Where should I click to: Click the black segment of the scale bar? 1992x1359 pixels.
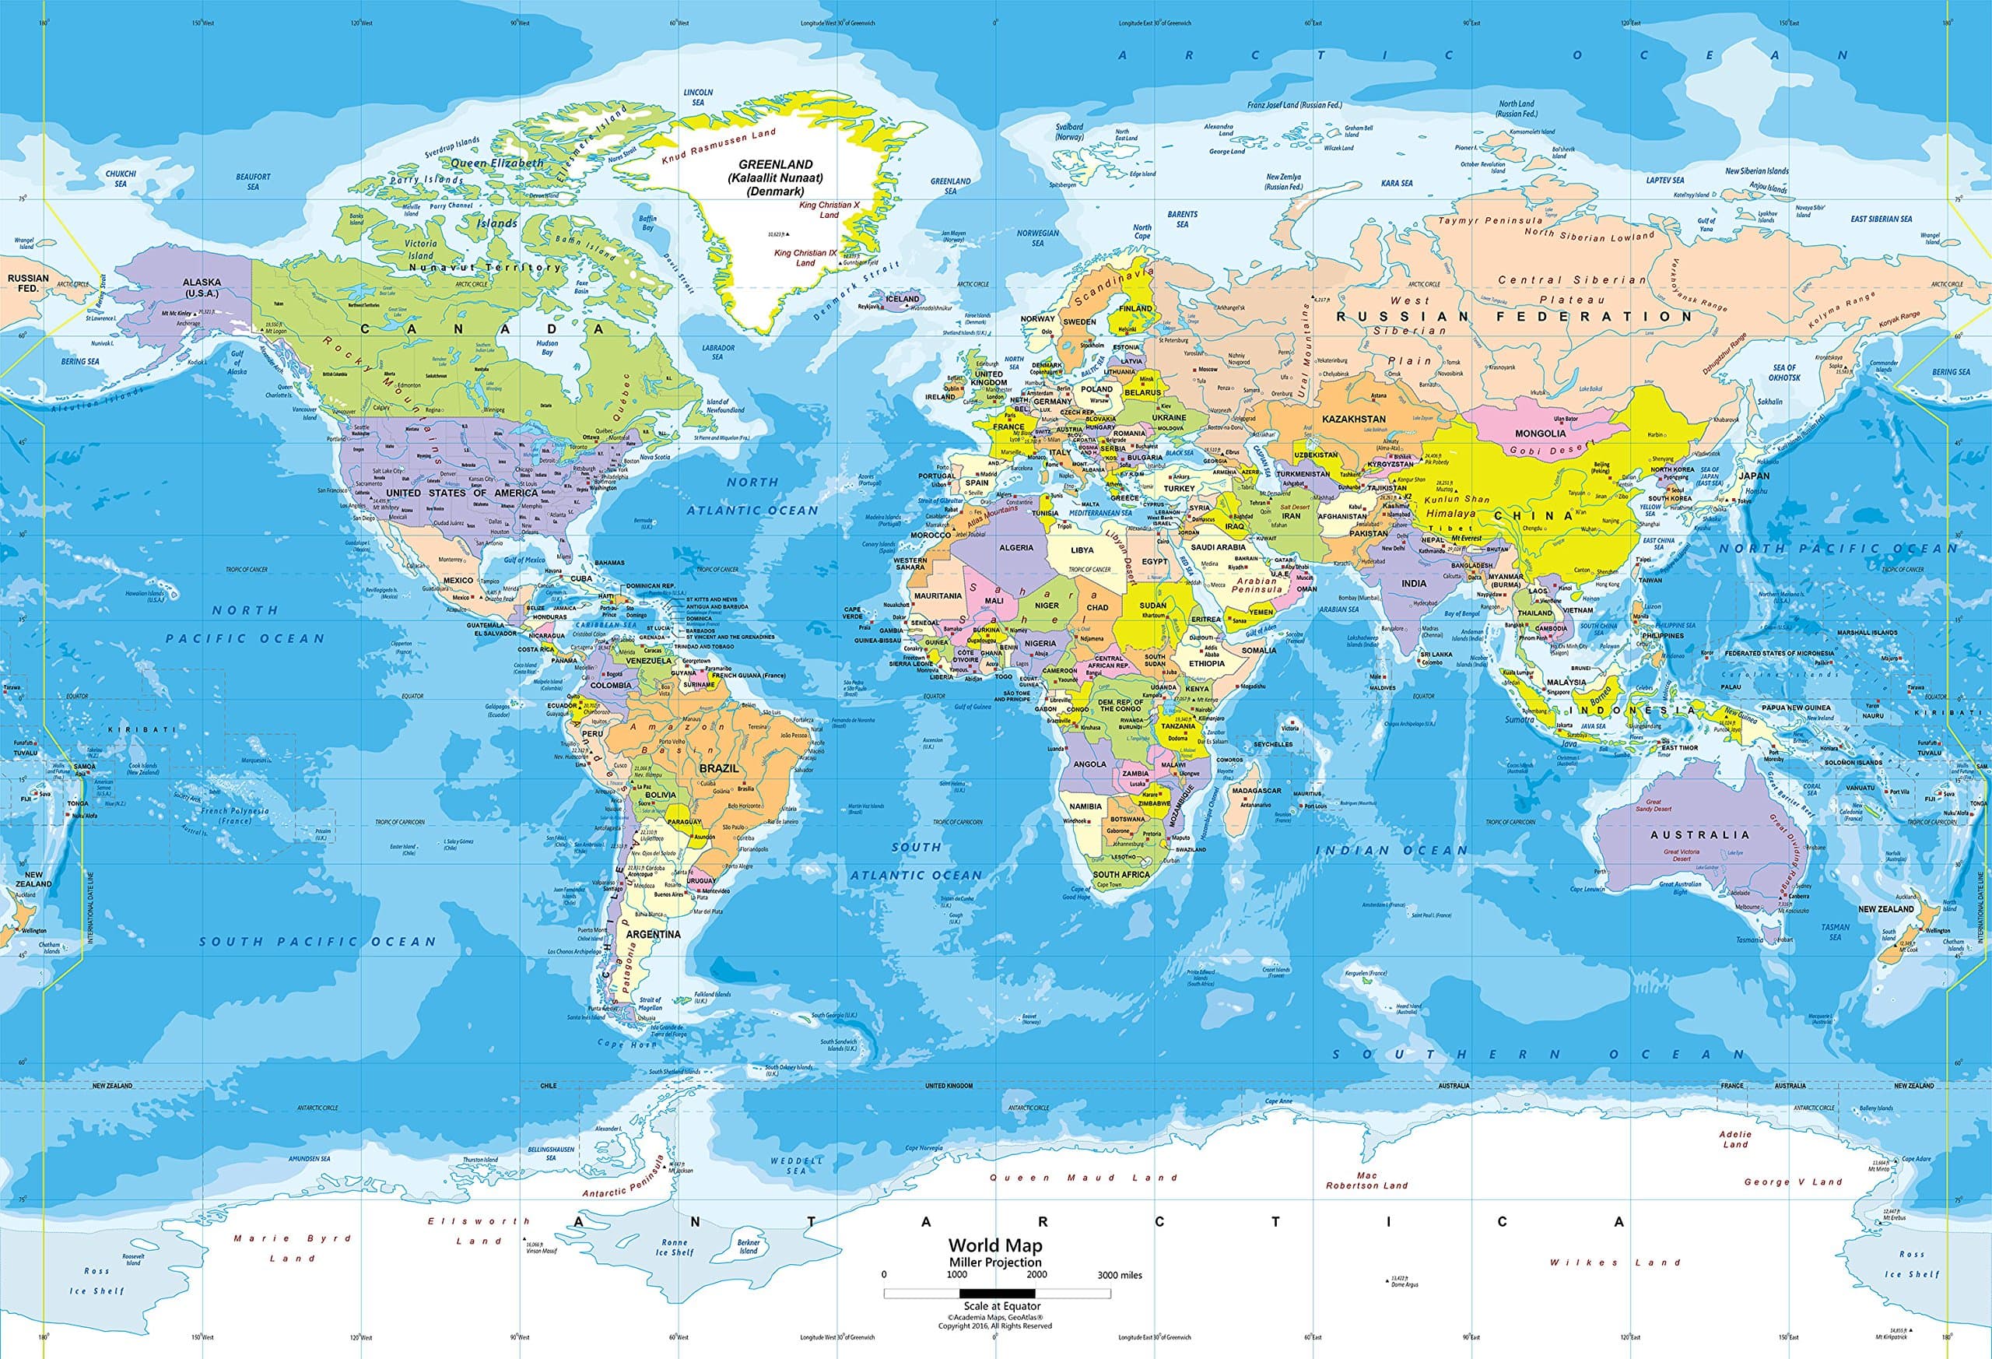996,1292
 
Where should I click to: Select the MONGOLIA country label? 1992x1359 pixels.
1540,433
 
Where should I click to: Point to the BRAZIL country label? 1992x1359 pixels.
719,768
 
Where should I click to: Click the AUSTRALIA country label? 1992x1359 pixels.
1699,834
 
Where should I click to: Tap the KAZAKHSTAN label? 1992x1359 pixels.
1354,419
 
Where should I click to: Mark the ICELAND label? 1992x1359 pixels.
903,298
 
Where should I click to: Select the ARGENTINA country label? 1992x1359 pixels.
653,934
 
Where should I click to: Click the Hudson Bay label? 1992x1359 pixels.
547,347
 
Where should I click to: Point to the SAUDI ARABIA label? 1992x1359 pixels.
1218,546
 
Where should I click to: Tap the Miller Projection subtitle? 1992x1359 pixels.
995,1262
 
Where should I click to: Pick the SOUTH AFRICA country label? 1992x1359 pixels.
1121,875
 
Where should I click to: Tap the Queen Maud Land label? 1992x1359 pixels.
1083,1177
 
